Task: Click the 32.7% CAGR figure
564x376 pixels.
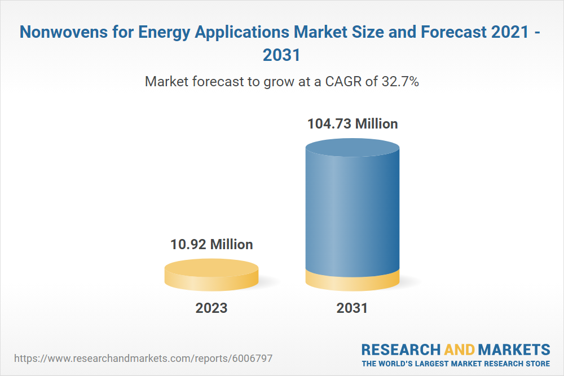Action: tap(400, 81)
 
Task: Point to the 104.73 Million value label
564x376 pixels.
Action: tap(352, 123)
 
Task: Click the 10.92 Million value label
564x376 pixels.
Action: tap(211, 244)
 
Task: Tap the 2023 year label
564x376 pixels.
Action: tap(211, 308)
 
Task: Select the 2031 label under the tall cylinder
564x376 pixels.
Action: tap(352, 308)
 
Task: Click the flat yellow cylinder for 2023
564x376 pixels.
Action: tap(211, 275)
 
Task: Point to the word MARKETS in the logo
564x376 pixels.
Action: tap(514, 349)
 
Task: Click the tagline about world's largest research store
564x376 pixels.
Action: tap(456, 364)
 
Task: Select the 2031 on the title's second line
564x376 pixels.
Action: tap(282, 55)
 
